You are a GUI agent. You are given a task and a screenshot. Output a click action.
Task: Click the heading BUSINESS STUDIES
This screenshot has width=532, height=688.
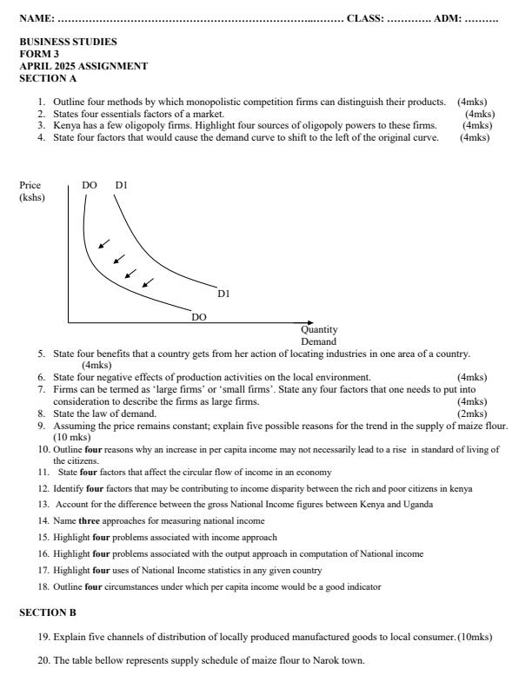tap(68, 42)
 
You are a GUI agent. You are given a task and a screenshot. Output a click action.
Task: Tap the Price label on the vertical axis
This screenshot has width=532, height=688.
tap(30, 186)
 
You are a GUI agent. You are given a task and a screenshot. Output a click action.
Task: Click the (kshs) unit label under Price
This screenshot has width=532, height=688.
tap(32, 198)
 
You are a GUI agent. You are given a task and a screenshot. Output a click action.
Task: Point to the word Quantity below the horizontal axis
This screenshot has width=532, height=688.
tap(319, 330)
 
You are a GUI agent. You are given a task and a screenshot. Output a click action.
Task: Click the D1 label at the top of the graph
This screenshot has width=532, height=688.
tap(121, 186)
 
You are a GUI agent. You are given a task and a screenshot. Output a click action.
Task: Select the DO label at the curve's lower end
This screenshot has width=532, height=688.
tap(199, 317)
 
